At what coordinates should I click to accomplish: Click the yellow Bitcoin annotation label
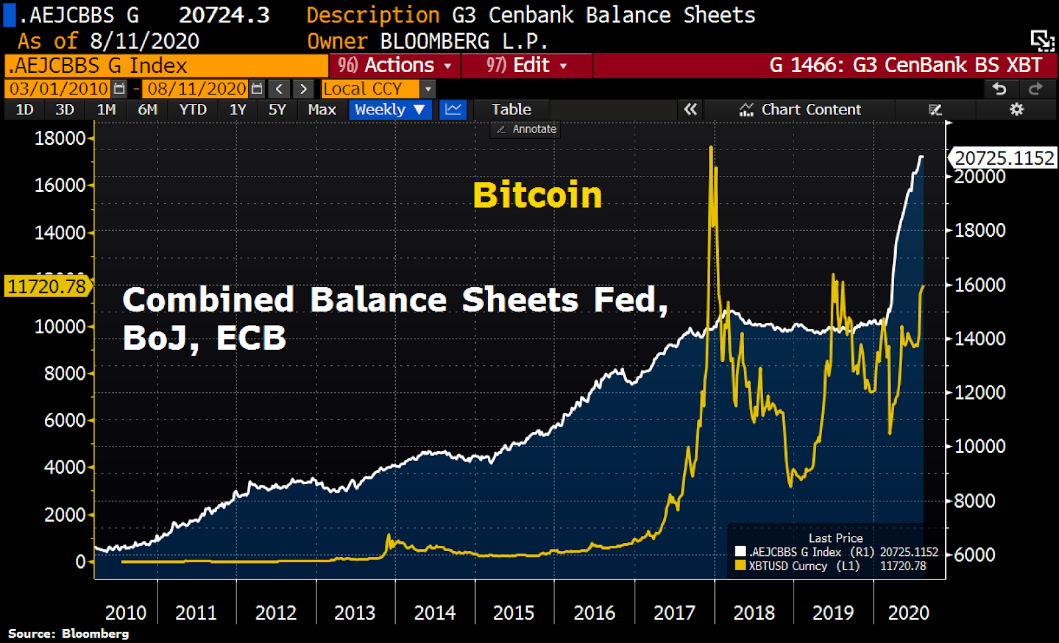coord(537,195)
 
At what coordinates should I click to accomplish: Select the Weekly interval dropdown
coord(390,110)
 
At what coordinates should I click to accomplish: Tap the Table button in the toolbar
coord(511,110)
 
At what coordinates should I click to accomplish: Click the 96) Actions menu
coord(394,65)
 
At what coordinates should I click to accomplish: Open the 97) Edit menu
coord(527,65)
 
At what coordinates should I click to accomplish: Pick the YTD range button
coord(193,110)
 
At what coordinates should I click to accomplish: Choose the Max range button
coord(322,110)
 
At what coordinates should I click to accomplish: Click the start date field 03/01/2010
coord(59,89)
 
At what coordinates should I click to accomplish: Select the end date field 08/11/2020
coord(197,89)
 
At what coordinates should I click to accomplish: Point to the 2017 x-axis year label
coord(674,613)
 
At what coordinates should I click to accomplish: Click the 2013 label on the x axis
coord(355,613)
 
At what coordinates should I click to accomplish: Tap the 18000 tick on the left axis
coord(60,138)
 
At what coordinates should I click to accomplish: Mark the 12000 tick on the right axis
coord(980,392)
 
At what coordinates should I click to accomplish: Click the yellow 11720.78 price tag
coord(47,286)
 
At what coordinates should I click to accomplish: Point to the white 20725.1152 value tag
coord(1003,158)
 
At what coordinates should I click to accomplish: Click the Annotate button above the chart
coord(527,129)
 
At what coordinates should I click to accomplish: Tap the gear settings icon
coord(1017,110)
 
